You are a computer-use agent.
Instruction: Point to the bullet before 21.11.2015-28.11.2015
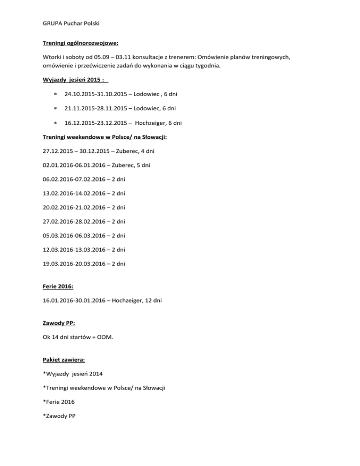point(55,109)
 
